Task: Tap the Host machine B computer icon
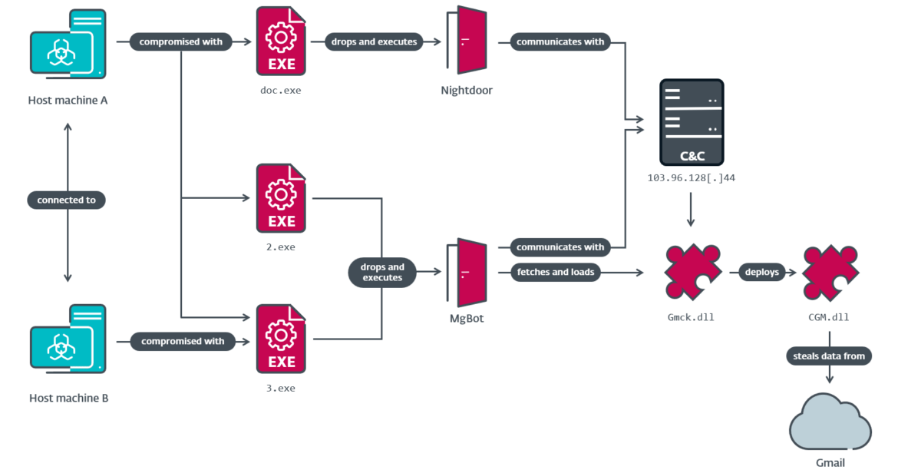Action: pos(68,342)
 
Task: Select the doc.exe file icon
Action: pos(281,41)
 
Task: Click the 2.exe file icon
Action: pos(281,198)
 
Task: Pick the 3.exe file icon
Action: pos(281,340)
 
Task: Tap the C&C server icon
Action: pos(691,122)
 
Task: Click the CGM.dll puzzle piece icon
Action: pos(830,273)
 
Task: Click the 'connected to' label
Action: pos(68,200)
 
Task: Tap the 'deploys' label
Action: pos(761,272)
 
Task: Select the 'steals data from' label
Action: pos(829,356)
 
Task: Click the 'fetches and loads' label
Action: pos(554,272)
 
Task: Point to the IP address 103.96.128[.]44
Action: pos(691,177)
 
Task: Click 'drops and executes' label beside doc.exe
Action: pos(374,41)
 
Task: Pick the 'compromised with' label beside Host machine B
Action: pos(183,341)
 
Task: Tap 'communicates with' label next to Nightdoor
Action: pos(560,41)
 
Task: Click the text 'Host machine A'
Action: pos(68,100)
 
